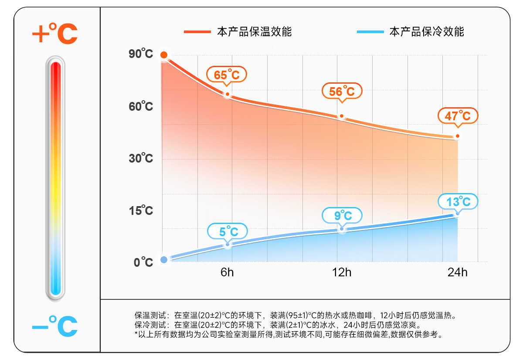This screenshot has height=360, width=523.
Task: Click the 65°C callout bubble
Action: coord(227,75)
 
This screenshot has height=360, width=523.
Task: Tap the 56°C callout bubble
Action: coord(342,91)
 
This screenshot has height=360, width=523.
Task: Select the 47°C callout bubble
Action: coord(458,116)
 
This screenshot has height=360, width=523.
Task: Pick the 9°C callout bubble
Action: coord(343,215)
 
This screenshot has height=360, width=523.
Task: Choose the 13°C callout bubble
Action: coord(458,201)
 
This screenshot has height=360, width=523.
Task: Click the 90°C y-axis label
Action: coord(141,54)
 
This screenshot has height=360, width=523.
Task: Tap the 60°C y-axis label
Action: coord(141,106)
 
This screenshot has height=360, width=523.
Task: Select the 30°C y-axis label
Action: coord(141,158)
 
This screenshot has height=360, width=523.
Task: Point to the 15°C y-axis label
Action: coord(141,211)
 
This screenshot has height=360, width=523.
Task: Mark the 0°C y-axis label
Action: coord(143,262)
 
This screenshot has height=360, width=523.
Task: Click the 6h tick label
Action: coord(227,273)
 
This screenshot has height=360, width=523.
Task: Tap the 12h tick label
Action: coord(342,273)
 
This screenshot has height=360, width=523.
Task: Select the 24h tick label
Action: coord(457,273)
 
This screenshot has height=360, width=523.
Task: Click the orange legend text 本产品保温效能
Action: coord(254,32)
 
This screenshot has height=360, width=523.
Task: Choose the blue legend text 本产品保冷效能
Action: coord(427,32)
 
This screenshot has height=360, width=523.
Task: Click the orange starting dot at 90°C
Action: coord(164,55)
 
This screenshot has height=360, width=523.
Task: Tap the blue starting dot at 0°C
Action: coord(164,260)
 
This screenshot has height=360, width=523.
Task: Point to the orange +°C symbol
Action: coord(55,34)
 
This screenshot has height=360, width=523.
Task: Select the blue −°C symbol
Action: coord(55,326)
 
